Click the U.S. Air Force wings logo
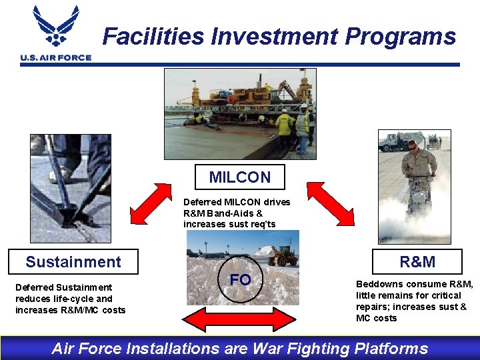[x=56, y=27]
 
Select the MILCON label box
[x=240, y=177]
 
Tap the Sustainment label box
[x=73, y=262]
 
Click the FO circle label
[x=240, y=280]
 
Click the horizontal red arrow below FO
[x=239, y=320]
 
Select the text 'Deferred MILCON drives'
[x=237, y=202]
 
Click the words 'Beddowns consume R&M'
[x=414, y=284]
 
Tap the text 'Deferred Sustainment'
[x=63, y=287]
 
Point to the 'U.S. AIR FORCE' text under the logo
[x=56, y=58]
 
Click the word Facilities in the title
[x=153, y=36]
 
